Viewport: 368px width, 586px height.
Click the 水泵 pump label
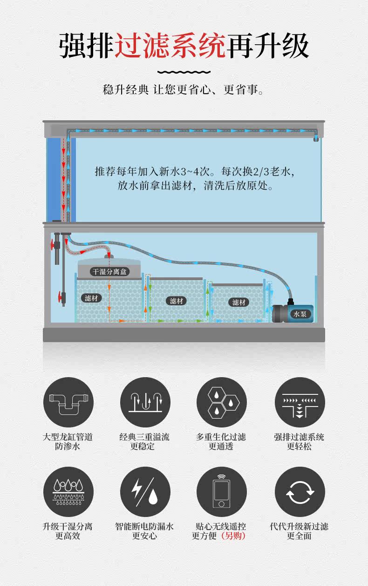pos(300,314)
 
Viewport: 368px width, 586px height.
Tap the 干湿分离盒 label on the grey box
pos(109,271)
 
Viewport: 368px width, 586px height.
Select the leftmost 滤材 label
pos(91,298)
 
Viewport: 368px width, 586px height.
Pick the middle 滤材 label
pos(176,301)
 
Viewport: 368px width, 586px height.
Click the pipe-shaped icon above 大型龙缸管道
pos(68,402)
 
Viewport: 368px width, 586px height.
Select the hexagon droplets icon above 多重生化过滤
pos(221,402)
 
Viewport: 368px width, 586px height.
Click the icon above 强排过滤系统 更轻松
pos(300,402)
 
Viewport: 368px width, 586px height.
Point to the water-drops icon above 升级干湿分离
pos(68,491)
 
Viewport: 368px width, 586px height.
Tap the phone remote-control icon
pos(221,491)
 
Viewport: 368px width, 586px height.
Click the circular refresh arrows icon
pos(300,491)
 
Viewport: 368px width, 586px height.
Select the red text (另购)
pos(233,536)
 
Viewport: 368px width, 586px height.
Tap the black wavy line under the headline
pos(184,72)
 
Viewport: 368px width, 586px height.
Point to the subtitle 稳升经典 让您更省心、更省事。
pos(184,90)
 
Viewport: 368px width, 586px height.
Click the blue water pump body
pos(293,312)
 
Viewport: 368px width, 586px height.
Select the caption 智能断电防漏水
pos(144,526)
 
